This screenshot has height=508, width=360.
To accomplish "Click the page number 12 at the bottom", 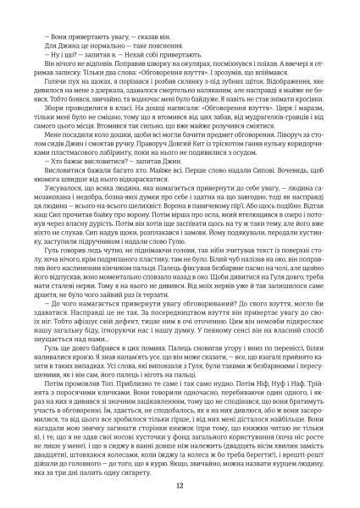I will [x=180, y=485].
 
